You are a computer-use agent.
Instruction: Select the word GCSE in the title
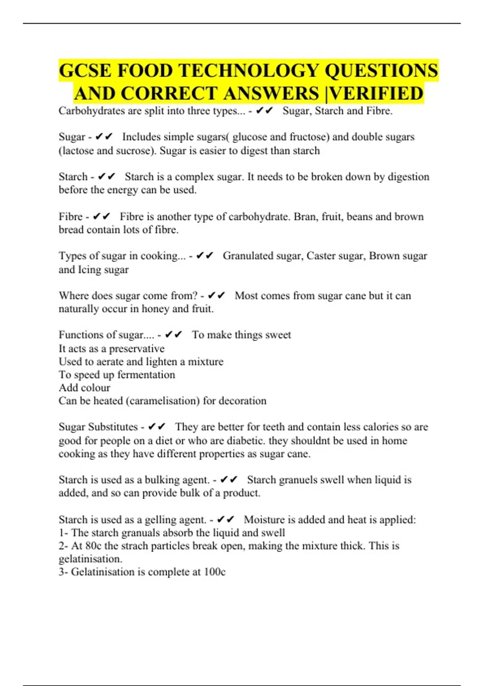85,71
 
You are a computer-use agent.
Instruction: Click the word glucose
250,137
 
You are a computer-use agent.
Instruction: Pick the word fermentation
146,375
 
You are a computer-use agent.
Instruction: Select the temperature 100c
215,572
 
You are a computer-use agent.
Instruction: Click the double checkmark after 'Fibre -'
101,217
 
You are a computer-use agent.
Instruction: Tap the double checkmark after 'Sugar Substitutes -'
156,427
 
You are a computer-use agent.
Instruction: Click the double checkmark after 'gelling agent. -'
225,520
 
